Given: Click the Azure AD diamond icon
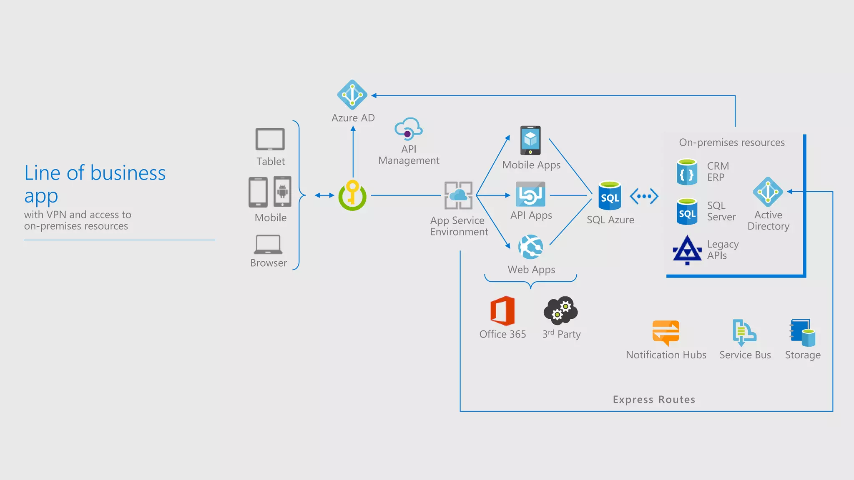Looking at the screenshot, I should pyautogui.click(x=352, y=95).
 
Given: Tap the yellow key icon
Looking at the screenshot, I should pyautogui.click(x=352, y=195).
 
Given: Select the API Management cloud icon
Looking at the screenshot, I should pyautogui.click(x=409, y=129).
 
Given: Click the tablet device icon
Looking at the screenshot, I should pyautogui.click(x=270, y=139).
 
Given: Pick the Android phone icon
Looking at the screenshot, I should pyautogui.click(x=282, y=192).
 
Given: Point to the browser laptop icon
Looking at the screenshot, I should pyautogui.click(x=268, y=245).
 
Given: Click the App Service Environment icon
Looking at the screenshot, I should pyautogui.click(x=458, y=195).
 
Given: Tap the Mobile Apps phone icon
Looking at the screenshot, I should pyautogui.click(x=530, y=140).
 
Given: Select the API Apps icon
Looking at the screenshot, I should pyautogui.click(x=530, y=194).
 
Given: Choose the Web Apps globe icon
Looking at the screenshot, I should pyautogui.click(x=530, y=247).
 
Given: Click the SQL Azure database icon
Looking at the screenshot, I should pyautogui.click(x=610, y=195).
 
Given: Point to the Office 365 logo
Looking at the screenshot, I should pyautogui.click(x=502, y=311).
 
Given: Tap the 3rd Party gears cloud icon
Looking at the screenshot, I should pyautogui.click(x=560, y=310).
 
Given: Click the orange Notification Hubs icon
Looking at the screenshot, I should pyautogui.click(x=666, y=332).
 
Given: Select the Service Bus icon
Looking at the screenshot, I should pyautogui.click(x=744, y=332).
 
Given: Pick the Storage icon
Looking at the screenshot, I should pyautogui.click(x=802, y=332).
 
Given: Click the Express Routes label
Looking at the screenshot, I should pyautogui.click(x=654, y=400).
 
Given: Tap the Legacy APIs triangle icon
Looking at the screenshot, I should pyautogui.click(x=687, y=250).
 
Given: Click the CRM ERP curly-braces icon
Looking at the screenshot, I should pyautogui.click(x=687, y=172).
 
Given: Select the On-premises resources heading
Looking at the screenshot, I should pyautogui.click(x=732, y=142).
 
